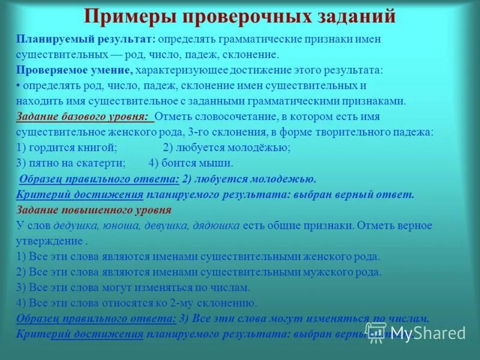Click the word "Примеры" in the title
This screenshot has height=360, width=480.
click(x=127, y=16)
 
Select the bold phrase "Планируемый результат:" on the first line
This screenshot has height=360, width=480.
click(x=86, y=39)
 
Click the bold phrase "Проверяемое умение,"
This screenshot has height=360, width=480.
click(x=75, y=70)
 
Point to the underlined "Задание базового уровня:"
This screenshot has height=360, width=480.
click(x=84, y=116)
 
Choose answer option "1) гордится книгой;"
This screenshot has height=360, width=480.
click(x=67, y=148)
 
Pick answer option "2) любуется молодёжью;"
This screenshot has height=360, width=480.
click(x=227, y=148)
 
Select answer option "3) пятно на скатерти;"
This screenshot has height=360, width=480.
click(x=71, y=163)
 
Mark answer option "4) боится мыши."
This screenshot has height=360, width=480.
click(x=191, y=163)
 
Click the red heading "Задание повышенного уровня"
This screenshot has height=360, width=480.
click(x=94, y=210)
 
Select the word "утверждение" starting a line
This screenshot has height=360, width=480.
click(x=49, y=241)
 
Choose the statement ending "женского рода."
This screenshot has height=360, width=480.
click(x=199, y=257)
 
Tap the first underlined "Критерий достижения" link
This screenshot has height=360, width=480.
click(x=80, y=194)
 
